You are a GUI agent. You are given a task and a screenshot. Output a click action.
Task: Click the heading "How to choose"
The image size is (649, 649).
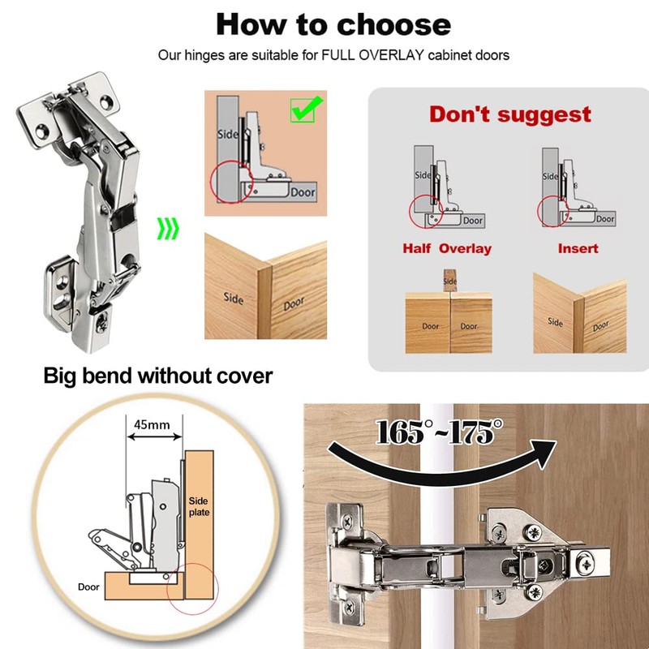[333, 24]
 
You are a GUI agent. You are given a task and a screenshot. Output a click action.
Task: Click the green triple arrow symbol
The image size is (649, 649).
[168, 230]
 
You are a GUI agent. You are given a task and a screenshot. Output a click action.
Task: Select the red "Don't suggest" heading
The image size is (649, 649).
[510, 114]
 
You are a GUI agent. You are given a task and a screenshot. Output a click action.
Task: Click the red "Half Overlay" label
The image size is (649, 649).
[447, 248]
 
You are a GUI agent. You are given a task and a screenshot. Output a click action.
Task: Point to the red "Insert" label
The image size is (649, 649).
[578, 248]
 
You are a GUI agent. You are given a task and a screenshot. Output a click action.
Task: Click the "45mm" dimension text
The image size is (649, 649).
[153, 423]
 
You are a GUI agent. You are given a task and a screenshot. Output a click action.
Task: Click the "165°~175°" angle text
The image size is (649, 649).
[434, 432]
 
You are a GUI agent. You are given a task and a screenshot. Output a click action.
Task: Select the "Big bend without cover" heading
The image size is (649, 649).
[158, 376]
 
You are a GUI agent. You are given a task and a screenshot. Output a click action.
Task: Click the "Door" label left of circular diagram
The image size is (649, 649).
[89, 587]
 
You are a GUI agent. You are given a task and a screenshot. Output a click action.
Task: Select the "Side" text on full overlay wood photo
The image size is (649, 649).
[233, 298]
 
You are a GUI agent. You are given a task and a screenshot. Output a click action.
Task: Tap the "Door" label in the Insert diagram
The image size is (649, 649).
[604, 218]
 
